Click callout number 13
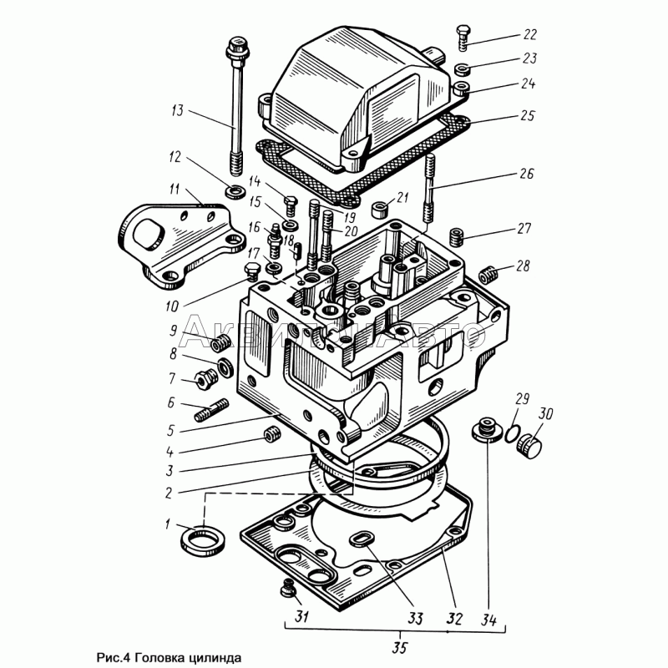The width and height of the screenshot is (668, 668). pos(176,111)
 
